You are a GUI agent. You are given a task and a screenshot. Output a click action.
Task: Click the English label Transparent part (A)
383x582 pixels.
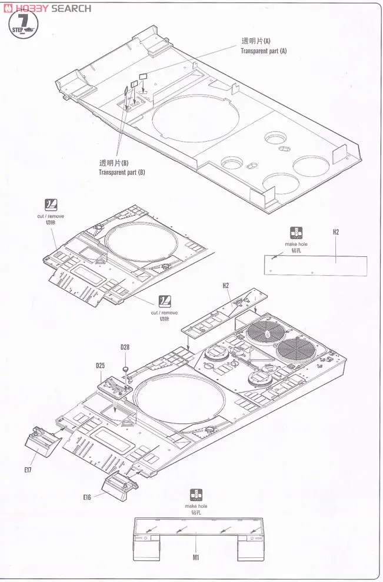[263, 51]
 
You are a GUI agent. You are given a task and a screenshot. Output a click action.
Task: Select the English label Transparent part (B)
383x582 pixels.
[122, 172]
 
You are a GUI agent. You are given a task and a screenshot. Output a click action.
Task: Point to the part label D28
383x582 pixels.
[125, 347]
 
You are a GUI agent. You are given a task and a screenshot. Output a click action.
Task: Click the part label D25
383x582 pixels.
[101, 366]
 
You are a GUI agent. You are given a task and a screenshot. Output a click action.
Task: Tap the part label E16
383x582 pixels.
[87, 497]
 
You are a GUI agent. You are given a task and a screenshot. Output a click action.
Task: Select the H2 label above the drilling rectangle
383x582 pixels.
[335, 232]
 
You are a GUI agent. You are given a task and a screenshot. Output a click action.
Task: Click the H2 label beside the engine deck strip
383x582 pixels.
[225, 286]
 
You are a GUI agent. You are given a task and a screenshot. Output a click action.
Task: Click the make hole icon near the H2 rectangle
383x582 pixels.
[295, 233]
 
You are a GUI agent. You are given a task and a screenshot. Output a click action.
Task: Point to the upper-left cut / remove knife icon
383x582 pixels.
[52, 205]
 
